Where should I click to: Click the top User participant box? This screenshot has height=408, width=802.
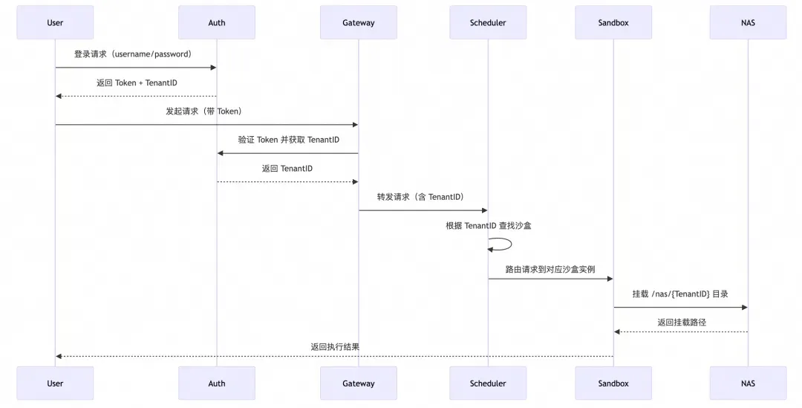[55, 22]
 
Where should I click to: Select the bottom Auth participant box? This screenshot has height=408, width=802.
[217, 383]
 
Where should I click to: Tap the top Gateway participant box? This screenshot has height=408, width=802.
[359, 22]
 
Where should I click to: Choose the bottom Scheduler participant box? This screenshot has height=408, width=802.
[488, 383]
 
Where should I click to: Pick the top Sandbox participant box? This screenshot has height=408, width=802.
[613, 22]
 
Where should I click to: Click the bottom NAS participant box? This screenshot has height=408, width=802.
[748, 383]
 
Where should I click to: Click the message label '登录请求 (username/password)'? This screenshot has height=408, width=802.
[133, 54]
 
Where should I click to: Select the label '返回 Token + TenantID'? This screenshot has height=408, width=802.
[137, 83]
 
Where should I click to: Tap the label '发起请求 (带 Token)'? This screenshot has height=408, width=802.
[203, 111]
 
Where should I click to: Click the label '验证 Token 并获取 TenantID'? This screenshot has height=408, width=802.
[288, 140]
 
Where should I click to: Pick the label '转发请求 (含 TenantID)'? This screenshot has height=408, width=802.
[420, 197]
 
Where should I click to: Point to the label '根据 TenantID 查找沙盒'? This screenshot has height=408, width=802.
[489, 226]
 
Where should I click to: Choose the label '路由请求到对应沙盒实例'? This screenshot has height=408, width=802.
[550, 269]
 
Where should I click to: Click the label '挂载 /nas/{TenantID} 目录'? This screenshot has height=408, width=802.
[680, 294]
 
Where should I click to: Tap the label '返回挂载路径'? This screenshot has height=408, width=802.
[682, 323]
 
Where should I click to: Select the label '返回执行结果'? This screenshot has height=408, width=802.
[335, 347]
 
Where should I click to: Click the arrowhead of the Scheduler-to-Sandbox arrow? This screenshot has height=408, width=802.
[610, 279]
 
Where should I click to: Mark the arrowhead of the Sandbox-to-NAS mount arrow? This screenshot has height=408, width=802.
[745, 308]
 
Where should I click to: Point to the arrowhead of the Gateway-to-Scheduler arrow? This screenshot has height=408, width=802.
[485, 210]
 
